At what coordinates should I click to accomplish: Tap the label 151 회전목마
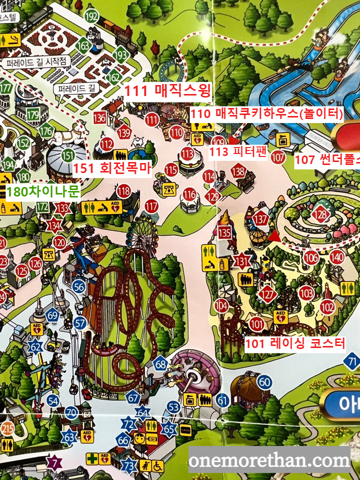click(112, 168)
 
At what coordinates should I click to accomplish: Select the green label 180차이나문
click(43, 192)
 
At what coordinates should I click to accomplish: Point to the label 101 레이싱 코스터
click(295, 343)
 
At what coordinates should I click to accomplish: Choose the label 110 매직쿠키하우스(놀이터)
click(266, 113)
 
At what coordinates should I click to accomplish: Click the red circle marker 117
click(151, 206)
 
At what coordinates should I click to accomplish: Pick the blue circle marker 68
click(160, 364)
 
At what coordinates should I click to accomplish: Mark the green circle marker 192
click(91, 16)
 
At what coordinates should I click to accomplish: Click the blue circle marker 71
click(353, 361)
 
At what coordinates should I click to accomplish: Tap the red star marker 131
click(242, 261)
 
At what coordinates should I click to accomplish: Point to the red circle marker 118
click(123, 190)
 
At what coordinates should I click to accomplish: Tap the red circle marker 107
click(278, 156)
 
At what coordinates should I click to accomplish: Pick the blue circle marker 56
click(78, 286)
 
